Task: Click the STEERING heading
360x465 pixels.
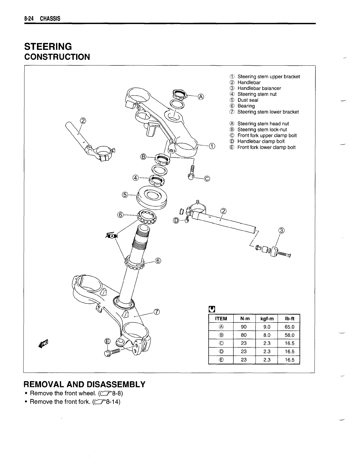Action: click(48, 46)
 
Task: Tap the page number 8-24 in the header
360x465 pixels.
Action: click(29, 19)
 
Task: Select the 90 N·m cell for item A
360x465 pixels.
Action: click(244, 327)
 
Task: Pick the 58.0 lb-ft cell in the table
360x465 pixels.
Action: click(289, 335)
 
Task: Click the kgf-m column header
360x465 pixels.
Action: click(266, 319)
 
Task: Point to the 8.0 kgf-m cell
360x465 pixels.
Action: click(266, 335)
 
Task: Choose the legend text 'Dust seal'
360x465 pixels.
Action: click(248, 100)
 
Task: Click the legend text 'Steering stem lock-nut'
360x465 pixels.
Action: click(262, 130)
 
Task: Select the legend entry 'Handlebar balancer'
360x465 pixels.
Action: click(259, 88)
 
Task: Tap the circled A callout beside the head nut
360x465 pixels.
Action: click(201, 96)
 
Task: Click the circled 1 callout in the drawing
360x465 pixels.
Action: click(212, 146)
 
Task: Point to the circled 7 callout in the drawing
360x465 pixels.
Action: click(157, 312)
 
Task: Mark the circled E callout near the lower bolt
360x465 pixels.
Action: click(108, 341)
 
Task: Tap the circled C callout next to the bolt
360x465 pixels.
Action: click(207, 179)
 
